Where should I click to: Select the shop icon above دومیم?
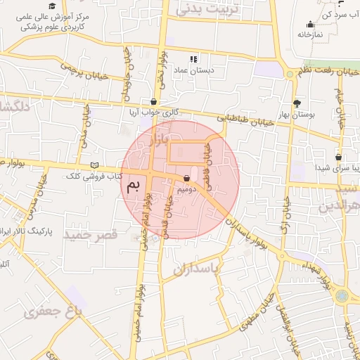tap(186, 178)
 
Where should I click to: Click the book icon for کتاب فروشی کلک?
tap(95, 165)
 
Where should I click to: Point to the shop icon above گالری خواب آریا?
tap(154, 101)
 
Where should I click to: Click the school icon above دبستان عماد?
tap(194, 58)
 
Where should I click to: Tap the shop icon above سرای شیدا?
tap(339, 157)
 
